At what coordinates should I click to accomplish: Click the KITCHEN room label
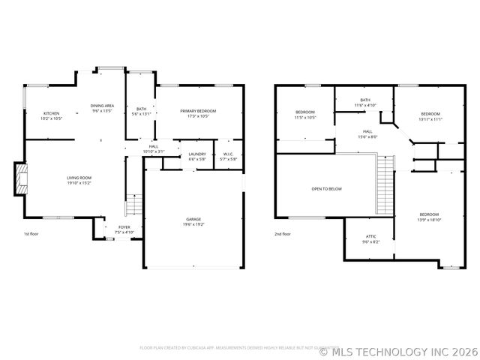coord(51,113)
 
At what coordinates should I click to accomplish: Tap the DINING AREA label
coord(102,106)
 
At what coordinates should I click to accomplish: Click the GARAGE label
coord(193,219)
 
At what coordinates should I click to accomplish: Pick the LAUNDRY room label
coord(197,154)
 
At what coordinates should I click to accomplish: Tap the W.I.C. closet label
coord(229,154)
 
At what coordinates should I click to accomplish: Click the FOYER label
coord(124,227)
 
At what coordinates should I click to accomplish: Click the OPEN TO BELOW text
coord(326,189)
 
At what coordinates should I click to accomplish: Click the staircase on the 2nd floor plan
coord(385,184)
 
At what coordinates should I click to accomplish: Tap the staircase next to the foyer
coord(133,204)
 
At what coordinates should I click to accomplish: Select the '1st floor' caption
coord(31,234)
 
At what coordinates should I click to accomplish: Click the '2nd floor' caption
coord(283,234)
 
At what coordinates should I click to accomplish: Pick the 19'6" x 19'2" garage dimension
coord(193,224)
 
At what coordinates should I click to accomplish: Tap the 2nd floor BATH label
coord(365,100)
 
